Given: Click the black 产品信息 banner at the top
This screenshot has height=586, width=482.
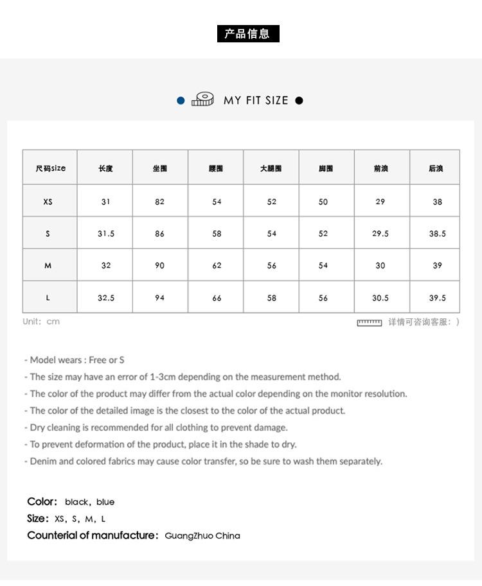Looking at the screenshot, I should [x=248, y=34].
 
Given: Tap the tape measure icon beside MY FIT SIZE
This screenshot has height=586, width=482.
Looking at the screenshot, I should [x=202, y=99].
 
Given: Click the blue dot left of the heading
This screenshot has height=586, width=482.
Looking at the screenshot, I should [x=181, y=100].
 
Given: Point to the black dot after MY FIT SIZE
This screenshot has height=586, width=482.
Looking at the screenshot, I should [x=299, y=100].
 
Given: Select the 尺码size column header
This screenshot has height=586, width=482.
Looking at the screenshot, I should [x=50, y=168].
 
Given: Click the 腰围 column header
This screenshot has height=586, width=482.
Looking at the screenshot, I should [x=216, y=168].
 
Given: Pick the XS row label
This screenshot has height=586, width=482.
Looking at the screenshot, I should [x=48, y=202].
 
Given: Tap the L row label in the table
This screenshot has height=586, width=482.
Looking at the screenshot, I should [x=48, y=298].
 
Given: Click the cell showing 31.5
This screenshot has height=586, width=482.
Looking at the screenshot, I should [x=106, y=234].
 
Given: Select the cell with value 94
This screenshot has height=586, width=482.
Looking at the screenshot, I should [x=159, y=298].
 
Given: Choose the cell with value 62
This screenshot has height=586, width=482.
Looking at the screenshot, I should [x=217, y=265].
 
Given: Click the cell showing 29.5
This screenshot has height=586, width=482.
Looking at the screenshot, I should [x=380, y=234].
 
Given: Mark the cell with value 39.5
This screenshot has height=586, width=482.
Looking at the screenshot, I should [x=437, y=298].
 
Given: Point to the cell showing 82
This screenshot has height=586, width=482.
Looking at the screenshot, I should [x=159, y=202].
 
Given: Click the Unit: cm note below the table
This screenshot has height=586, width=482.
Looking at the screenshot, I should [x=41, y=322].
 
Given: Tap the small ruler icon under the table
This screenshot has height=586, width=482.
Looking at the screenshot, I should [x=370, y=322].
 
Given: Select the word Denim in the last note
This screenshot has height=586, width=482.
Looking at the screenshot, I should [x=43, y=461].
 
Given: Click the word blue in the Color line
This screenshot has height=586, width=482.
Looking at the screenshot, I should [x=105, y=502].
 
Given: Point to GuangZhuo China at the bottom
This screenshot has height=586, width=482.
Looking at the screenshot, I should [x=202, y=535].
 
